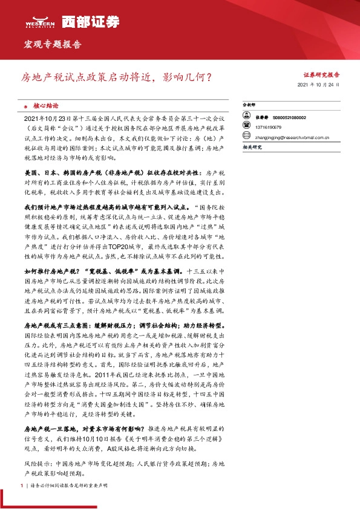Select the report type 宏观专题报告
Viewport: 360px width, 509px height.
coord(51,45)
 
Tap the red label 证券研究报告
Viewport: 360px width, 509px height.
coord(321,75)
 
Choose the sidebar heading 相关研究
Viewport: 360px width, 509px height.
coord(251,148)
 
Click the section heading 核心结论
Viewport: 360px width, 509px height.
coord(48,105)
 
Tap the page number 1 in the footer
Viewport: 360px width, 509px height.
coord(22,485)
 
